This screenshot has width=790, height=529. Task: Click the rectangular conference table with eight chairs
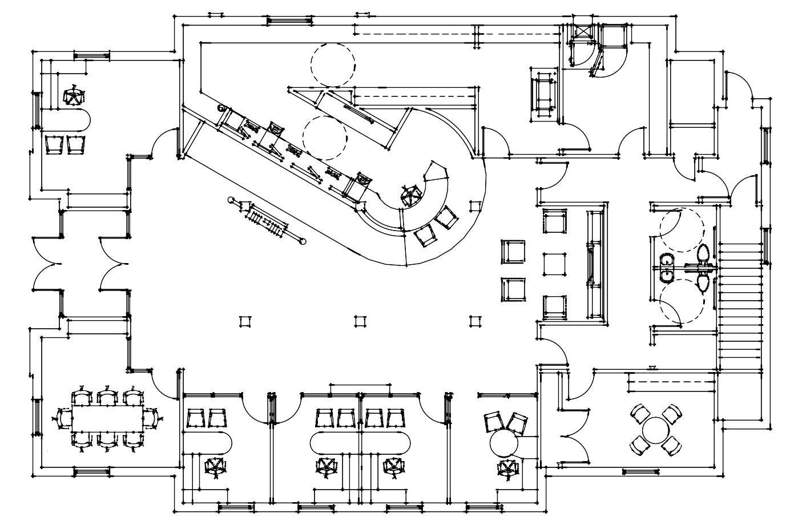(107, 419)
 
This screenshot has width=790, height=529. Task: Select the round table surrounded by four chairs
(655, 429)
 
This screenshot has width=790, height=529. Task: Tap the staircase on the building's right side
(740, 302)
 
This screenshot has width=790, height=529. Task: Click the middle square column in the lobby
(359, 321)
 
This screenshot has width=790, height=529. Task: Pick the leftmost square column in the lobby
(245, 321)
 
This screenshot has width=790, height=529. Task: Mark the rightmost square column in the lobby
(473, 321)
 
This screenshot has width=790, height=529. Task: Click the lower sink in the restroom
(666, 276)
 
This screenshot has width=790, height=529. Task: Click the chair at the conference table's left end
(63, 419)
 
